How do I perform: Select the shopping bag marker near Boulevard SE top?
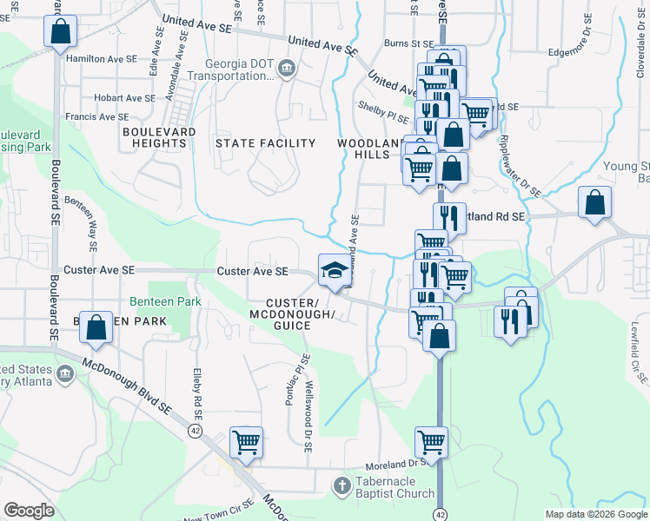(60, 31)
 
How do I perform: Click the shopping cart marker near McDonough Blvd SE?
(246, 442)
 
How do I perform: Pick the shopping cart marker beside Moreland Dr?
(431, 442)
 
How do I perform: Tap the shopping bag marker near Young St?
(594, 203)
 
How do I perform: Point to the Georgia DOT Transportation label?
(239, 70)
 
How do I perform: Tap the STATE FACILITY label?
(265, 143)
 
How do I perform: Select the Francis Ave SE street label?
(96, 116)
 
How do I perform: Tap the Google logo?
(29, 510)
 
